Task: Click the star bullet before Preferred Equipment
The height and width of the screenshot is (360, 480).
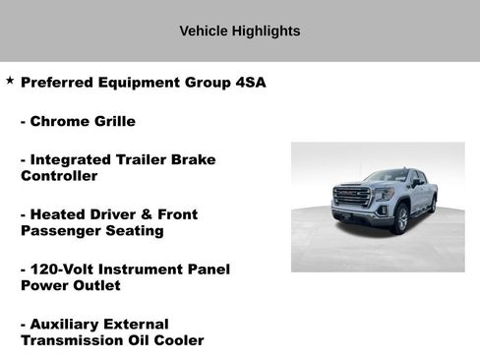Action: point(10,81)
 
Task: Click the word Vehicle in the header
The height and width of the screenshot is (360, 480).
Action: point(204,30)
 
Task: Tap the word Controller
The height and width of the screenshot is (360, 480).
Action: point(58,176)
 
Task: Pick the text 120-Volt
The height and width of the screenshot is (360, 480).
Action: point(62,269)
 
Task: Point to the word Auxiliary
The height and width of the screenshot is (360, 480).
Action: point(66,324)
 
